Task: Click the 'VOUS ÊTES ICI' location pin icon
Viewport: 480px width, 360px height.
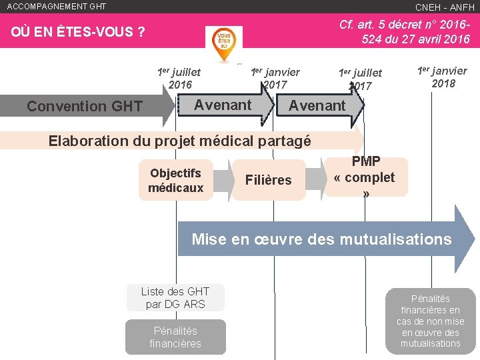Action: [224, 44]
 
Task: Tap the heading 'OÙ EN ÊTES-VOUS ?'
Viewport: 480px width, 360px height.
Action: [79, 33]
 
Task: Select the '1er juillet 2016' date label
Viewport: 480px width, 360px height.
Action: [179, 78]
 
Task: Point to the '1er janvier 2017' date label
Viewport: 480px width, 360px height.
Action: [275, 78]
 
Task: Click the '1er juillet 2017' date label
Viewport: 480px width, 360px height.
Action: [360, 79]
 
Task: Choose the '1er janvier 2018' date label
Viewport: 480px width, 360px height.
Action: [442, 77]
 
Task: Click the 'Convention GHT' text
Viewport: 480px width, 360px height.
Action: [84, 106]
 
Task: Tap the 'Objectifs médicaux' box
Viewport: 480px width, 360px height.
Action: [176, 180]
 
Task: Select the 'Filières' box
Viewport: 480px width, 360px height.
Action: [268, 180]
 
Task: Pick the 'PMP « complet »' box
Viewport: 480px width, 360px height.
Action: [365, 177]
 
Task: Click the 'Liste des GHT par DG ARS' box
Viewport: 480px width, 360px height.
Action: [175, 297]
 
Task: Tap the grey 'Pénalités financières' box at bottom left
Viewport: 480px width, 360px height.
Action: [175, 337]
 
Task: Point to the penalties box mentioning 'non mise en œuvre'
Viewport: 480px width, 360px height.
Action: [430, 321]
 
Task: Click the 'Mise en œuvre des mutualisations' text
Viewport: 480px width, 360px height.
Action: [321, 239]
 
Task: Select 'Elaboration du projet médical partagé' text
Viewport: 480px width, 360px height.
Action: [180, 141]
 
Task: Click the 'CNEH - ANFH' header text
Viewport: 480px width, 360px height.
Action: [445, 7]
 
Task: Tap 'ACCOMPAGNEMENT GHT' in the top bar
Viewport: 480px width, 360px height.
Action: [56, 7]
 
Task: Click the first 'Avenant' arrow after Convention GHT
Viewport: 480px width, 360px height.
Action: [223, 105]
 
